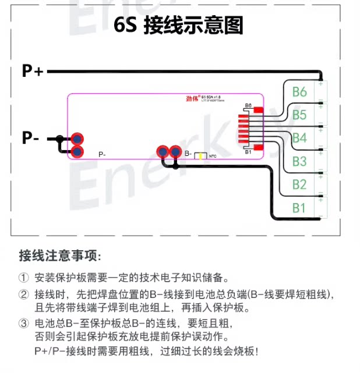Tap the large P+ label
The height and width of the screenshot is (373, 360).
pos(33,71)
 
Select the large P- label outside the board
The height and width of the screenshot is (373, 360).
pos(31,138)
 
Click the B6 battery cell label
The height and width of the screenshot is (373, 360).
pos(299,92)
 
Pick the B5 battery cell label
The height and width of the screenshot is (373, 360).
pos(299,115)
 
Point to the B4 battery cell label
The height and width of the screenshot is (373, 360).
pos(299,138)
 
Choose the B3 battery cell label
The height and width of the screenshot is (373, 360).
pos(299,161)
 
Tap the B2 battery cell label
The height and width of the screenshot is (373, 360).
pos(299,184)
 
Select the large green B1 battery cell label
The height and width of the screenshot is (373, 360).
pos(299,207)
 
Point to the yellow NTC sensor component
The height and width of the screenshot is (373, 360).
pos(200,156)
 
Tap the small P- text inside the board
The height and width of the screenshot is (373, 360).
pos(102,154)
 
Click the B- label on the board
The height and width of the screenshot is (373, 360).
pos(188,154)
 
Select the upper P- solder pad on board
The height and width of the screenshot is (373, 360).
pos(77,139)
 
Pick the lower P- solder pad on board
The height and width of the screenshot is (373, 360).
pos(77,152)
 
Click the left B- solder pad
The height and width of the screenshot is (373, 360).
pos(163,152)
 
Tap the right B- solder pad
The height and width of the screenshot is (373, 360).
pos(174,152)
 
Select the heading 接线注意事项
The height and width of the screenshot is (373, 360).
pos(59,256)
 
